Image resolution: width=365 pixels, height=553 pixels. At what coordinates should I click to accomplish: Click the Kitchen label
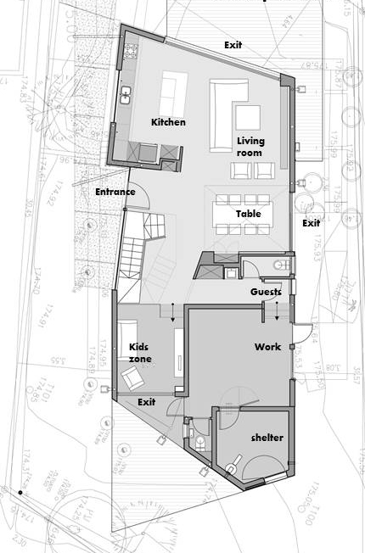click(x=168, y=122)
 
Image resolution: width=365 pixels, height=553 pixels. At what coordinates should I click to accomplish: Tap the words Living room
click(x=249, y=146)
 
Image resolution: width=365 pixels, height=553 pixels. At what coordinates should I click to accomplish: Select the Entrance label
click(x=115, y=193)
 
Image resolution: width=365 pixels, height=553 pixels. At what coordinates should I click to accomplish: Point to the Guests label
click(x=266, y=292)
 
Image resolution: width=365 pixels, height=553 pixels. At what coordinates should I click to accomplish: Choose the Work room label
click(x=267, y=347)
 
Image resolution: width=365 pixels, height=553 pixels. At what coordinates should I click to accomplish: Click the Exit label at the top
click(x=237, y=44)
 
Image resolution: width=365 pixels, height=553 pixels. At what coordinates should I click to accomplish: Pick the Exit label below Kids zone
click(x=147, y=400)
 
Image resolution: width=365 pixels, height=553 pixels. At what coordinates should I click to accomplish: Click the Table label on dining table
click(x=248, y=214)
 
